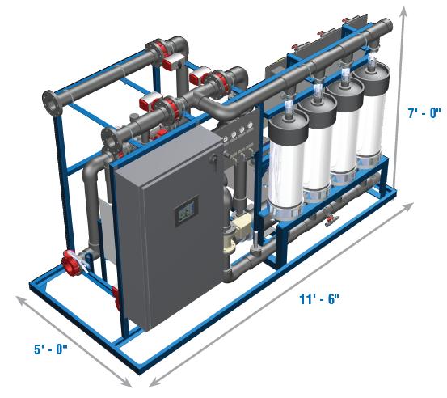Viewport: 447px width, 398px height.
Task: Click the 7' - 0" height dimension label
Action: point(424,113)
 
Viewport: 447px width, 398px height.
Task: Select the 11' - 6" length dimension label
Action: point(319,299)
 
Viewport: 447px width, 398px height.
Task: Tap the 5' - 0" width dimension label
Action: point(51,349)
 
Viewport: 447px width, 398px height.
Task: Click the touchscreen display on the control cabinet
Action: point(186,211)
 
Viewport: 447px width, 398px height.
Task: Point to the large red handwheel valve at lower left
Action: point(70,263)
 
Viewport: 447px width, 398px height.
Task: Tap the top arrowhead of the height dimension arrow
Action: point(404,11)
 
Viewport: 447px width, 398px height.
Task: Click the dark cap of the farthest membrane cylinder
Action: point(371,75)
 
